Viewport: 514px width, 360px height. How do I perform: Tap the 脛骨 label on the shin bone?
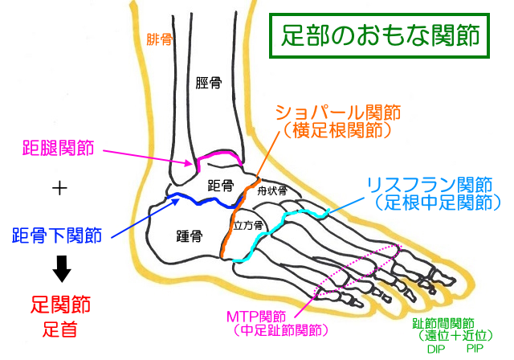pos(209,82)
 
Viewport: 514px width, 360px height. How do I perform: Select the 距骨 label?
pos(220,185)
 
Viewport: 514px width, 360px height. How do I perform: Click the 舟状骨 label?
pos(272,190)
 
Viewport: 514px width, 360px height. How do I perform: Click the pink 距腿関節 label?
pos(58,148)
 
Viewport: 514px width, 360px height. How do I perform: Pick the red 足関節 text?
pos(60,305)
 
